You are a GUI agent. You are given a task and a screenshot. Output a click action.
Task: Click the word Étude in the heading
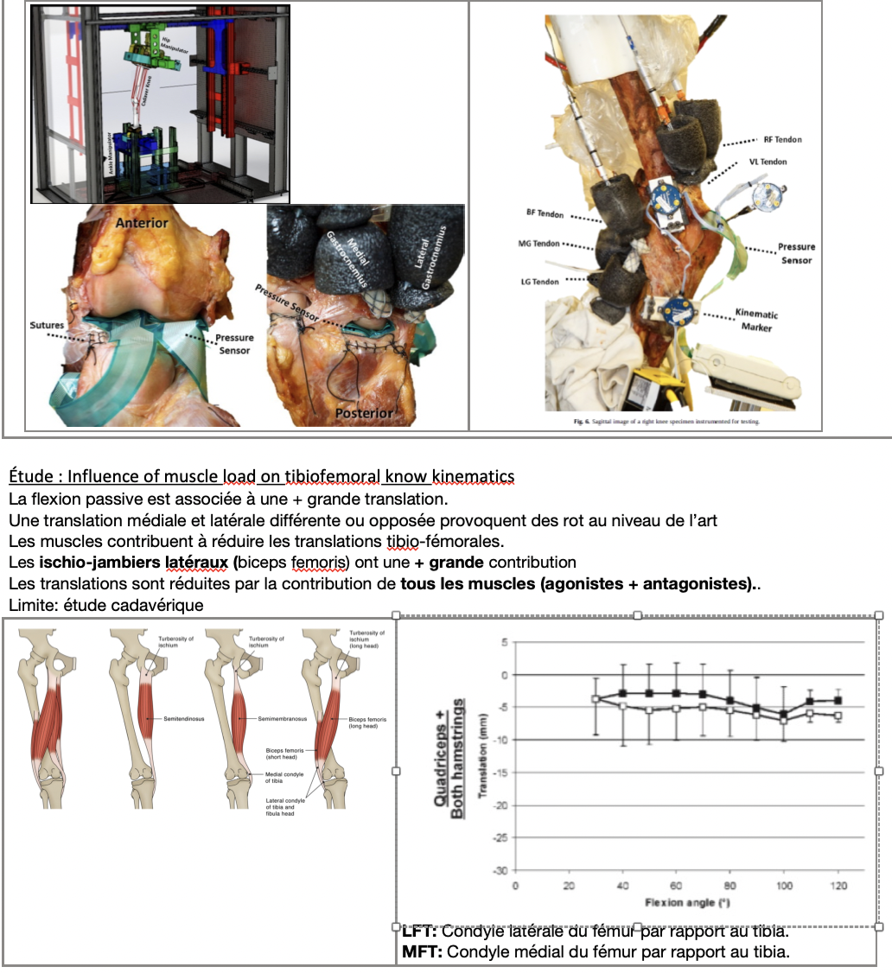coord(31,476)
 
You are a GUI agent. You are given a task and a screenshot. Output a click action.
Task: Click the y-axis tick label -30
coord(500,870)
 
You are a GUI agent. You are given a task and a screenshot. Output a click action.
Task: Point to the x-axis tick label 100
coord(785,886)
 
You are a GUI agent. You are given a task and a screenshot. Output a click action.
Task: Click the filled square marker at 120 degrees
coord(838,701)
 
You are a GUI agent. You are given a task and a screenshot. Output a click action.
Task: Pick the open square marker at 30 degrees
coord(596,699)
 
